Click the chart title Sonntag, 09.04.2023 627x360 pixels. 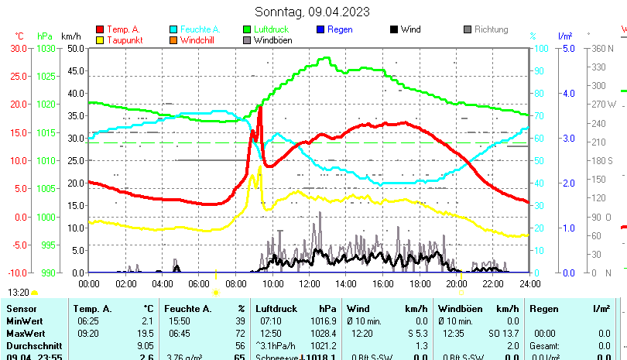tap(312, 12)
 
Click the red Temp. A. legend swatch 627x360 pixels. tap(100, 29)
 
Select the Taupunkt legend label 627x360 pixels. tap(124, 40)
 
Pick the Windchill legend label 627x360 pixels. tap(199, 40)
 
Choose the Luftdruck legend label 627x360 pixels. tap(271, 29)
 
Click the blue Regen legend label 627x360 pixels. tap(341, 29)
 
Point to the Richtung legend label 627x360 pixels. tap(491, 29)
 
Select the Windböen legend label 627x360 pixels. tap(273, 40)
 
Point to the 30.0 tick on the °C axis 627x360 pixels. tap(19, 48)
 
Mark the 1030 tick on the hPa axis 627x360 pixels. tap(46, 48)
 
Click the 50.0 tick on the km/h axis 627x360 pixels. tap(76, 48)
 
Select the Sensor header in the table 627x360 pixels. tap(21, 309)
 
